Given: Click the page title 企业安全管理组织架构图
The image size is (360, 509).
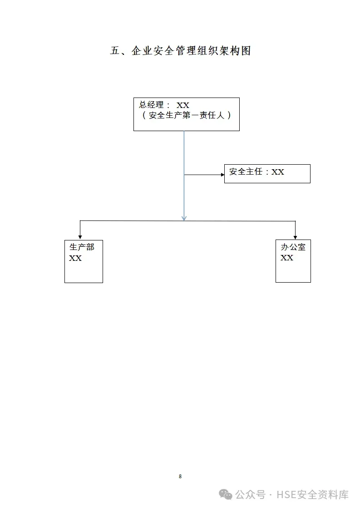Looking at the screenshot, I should coord(180,51).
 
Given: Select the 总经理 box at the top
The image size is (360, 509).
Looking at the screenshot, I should coord(186,114).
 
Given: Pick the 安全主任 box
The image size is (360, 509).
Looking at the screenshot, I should coord(267,174).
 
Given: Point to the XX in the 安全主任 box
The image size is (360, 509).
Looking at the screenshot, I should coord(278,172).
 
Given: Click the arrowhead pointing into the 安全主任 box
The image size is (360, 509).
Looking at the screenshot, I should coord(222,175).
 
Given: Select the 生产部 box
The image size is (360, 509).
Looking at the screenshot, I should coord(84,262).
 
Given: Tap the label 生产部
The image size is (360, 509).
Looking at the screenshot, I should coord(82,247).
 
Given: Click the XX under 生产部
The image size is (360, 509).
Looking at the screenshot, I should coord(75,258).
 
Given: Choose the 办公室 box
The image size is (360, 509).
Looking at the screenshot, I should coord(293,261).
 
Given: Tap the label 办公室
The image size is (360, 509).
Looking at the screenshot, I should coord(293,247).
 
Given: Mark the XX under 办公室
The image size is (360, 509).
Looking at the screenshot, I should coord(287,258).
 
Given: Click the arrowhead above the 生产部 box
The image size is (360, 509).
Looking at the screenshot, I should coord(80,237).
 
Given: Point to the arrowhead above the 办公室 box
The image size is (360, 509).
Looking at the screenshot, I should coord(296,237).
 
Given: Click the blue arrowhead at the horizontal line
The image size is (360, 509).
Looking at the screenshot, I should coord(184,218).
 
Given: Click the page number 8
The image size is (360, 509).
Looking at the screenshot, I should coord(180,476).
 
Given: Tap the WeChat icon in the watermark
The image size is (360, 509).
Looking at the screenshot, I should coord(226,494).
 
